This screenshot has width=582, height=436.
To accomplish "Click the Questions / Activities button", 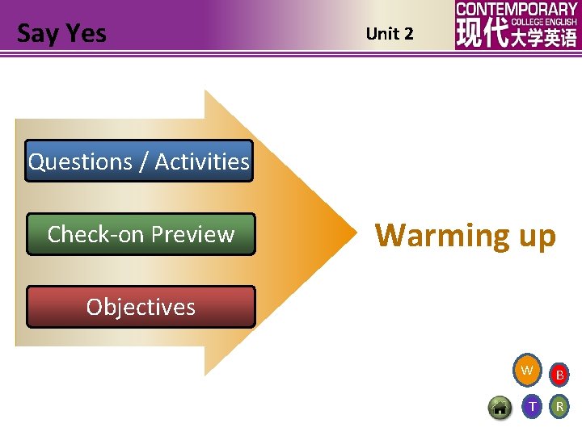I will (x=139, y=161).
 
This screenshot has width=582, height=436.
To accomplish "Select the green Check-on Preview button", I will (x=141, y=234).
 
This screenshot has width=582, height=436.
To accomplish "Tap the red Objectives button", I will (x=141, y=307).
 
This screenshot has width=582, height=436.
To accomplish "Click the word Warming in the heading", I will (x=436, y=236).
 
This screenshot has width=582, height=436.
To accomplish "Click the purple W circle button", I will (x=527, y=371).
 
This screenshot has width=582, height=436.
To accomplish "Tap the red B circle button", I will (x=559, y=375).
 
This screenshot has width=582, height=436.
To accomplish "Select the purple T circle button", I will (x=531, y=407).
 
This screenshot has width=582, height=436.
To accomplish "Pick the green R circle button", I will (x=559, y=407).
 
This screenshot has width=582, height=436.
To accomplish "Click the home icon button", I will (x=500, y=408).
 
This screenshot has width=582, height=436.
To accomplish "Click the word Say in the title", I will (x=37, y=34).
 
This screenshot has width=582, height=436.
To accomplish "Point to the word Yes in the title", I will (x=86, y=34).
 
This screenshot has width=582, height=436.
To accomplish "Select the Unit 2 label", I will (x=390, y=34).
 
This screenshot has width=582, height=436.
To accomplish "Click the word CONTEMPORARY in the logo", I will (x=517, y=9).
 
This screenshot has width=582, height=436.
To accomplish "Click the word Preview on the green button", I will (x=193, y=234).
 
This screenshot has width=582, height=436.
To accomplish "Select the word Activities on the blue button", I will (x=202, y=161).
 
